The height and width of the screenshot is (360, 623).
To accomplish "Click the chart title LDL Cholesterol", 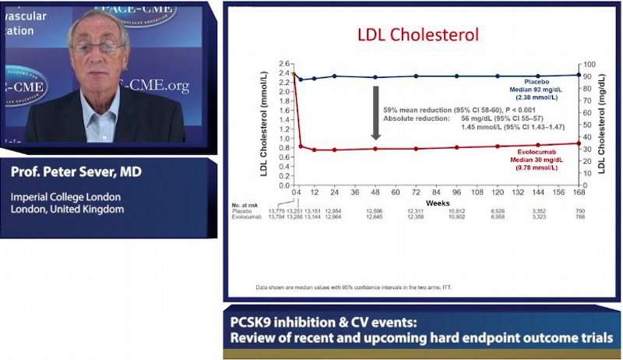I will (x=417, y=35).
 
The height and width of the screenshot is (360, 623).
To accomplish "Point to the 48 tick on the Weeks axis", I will (x=375, y=192).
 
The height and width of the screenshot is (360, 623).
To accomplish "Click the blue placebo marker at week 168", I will (x=578, y=75).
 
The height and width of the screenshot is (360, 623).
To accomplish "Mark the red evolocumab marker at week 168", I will (x=578, y=143).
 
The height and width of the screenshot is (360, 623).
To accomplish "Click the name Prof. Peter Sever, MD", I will (x=76, y=171).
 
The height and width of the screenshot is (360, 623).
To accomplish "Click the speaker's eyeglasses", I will (x=99, y=48).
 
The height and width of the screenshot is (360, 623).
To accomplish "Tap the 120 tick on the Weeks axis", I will (x=497, y=192).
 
